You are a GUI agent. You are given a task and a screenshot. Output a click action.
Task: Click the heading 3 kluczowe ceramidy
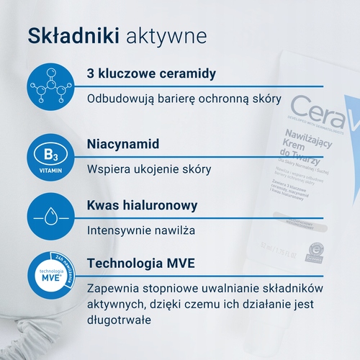pos(151,75)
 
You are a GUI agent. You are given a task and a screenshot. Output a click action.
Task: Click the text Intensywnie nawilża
pos(141,231)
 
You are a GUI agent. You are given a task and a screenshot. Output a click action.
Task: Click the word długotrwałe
pos(119,320)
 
